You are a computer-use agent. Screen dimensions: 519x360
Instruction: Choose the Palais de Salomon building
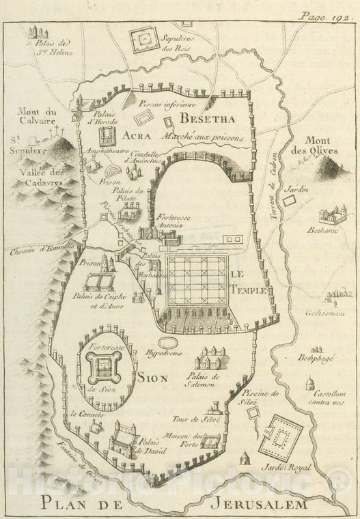pos(209,357)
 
